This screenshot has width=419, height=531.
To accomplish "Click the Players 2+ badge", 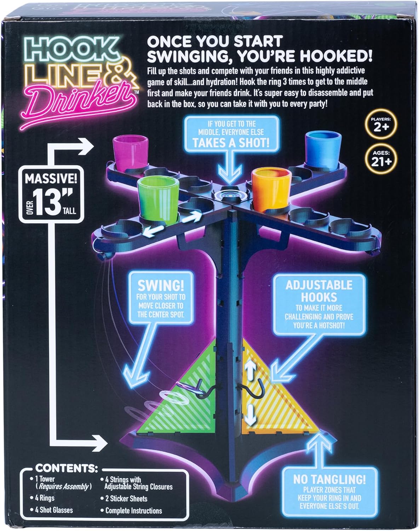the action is click(x=381, y=125).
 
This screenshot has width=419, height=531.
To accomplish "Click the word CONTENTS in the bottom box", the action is click(x=66, y=468).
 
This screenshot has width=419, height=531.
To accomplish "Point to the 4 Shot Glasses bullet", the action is click(x=54, y=510).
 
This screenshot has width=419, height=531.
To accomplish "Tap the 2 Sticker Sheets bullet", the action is click(x=126, y=498).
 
